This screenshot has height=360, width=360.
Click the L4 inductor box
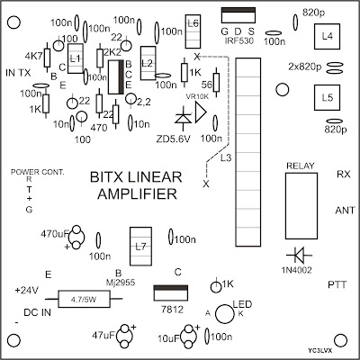tap(325, 38)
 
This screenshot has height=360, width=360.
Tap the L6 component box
tap(193, 24)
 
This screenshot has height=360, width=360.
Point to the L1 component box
tap(76, 58)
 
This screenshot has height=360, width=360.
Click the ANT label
tap(341, 210)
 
